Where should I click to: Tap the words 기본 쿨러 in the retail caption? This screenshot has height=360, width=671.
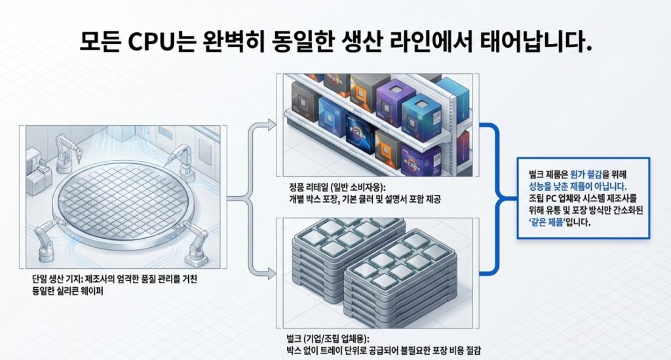[x=363, y=199]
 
